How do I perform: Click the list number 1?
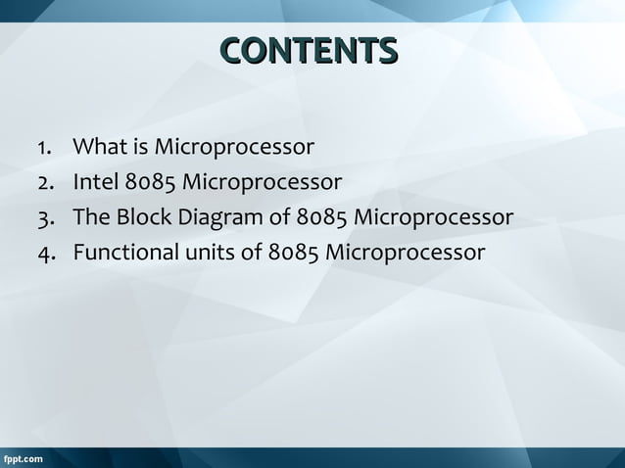tap(44, 149)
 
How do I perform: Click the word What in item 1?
tap(99, 148)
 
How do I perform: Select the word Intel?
tap(96, 182)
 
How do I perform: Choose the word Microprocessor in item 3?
tap(434, 217)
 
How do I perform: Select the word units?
tap(210, 252)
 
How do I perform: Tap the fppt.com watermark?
tap(22, 458)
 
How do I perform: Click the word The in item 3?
tap(90, 216)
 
